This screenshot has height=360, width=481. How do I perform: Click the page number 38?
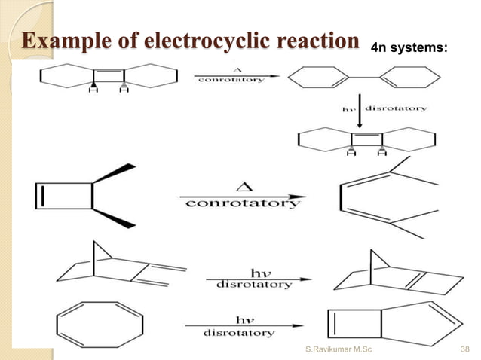click(x=465, y=349)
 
